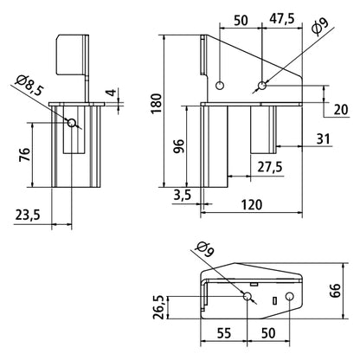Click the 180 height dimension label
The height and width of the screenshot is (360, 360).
[157, 103]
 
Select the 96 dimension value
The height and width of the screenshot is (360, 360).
[179, 145]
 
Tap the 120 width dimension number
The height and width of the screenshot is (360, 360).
[252, 204]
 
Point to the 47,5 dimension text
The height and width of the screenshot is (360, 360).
[282, 19]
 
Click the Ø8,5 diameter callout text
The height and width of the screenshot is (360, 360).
[29, 86]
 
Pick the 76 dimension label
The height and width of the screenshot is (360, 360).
[24, 154]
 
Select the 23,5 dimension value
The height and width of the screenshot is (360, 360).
[28, 215]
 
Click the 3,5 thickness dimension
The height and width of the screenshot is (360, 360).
[183, 196]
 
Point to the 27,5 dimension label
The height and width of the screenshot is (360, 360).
[270, 167]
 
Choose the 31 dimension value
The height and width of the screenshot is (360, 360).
[323, 139]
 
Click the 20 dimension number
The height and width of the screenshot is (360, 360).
[341, 110]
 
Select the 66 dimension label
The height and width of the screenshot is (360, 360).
[336, 291]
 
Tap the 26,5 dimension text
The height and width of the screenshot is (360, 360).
[158, 307]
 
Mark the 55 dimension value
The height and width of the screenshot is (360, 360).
[224, 333]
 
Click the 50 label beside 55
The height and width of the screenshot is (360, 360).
[268, 333]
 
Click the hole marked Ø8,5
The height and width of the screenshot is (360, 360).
[71, 123]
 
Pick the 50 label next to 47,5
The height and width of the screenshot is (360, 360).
[241, 21]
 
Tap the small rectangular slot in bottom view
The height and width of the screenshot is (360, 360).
[274, 300]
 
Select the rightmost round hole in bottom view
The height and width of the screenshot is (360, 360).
[289, 296]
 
